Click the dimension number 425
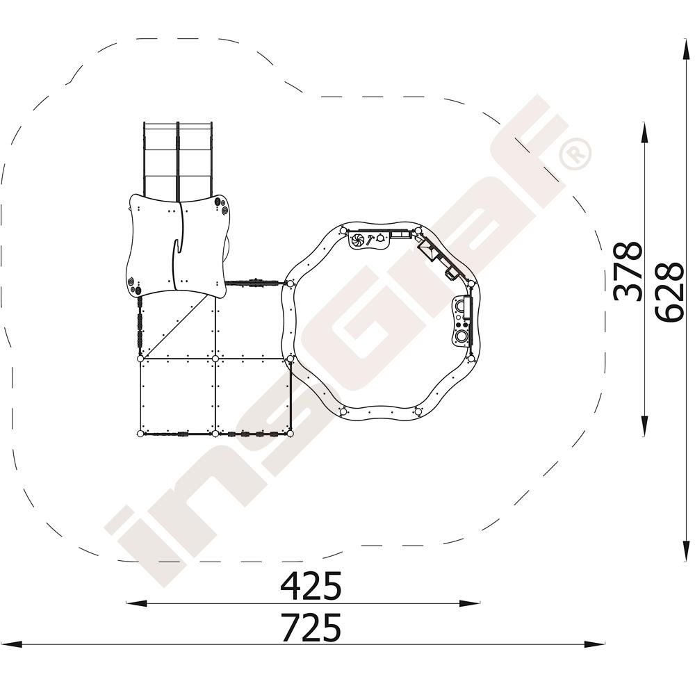click(311, 585)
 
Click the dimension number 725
click(311, 627)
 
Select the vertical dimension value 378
click(628, 271)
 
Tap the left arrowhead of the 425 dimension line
click(136, 603)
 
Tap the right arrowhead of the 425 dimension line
click(469, 603)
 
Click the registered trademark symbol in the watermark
click(575, 154)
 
